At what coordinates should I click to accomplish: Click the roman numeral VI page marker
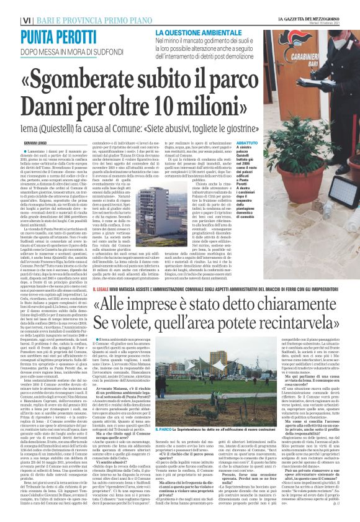pyautogui.click(x=9, y=6)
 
